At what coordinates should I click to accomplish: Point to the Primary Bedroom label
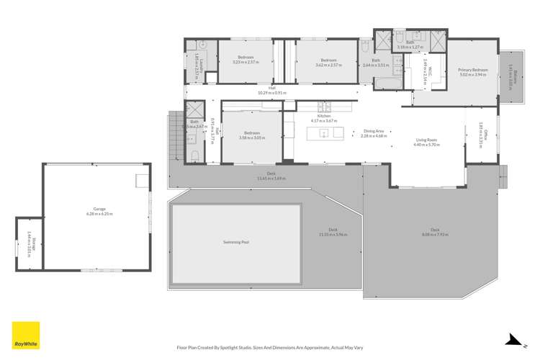473,70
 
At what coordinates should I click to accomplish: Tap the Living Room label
427,140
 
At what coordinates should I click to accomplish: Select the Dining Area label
374,132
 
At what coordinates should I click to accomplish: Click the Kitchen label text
324,116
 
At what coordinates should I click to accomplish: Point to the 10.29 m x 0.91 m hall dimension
271,93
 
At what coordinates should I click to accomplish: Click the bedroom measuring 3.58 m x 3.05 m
251,135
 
